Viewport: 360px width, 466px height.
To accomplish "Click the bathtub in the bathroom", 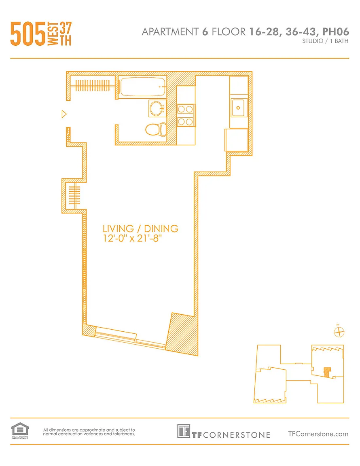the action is pos(142,87).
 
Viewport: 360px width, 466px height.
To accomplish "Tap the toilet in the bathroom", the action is pos(156,129).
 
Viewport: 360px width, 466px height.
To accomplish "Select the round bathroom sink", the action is pos(157,108).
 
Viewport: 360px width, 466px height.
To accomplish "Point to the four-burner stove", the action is pos(186,115).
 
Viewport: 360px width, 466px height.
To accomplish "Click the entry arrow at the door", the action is pos(64,114).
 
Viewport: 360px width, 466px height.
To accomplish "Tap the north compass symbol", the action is pos(339,332).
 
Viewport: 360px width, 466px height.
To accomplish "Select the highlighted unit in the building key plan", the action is pos(327,373).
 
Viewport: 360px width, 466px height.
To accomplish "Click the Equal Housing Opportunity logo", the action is pos(20,431).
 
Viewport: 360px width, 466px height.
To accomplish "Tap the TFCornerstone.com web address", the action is pos(318,434).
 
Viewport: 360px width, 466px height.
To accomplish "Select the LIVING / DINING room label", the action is pos(140,229).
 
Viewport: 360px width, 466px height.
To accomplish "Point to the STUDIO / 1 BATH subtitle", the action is pos(325,41).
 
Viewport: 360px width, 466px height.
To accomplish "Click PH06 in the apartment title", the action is pos(336,32).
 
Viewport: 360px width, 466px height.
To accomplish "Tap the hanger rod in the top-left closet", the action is pos(93,85).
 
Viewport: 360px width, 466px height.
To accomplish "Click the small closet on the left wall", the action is pos(74,196).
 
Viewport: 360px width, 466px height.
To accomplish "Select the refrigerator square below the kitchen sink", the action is pos(237,140).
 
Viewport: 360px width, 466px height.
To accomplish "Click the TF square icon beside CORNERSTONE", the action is pos(183,431).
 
